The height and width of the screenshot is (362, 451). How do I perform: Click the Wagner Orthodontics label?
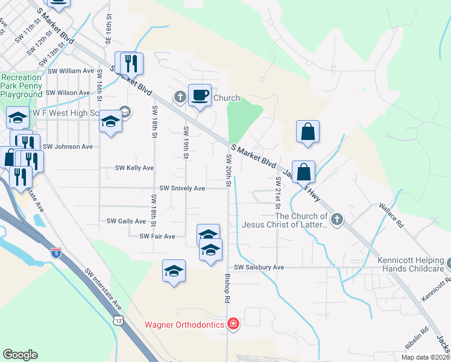tap(184, 325)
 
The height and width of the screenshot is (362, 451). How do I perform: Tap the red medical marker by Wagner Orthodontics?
tap(233, 325)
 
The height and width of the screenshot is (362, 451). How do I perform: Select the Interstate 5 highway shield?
tap(56, 252)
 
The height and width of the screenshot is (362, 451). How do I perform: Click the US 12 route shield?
tap(117, 319)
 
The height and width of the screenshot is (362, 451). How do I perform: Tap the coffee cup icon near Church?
tap(200, 95)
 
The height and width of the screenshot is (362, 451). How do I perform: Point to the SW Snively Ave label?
tap(182, 188)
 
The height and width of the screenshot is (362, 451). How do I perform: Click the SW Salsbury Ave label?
tap(259, 267)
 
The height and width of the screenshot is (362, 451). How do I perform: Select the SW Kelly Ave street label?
tap(134, 168)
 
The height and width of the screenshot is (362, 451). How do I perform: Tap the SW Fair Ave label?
tap(157, 237)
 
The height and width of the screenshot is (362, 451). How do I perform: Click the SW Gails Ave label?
tap(126, 221)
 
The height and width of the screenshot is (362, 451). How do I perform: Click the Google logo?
tap(20, 355)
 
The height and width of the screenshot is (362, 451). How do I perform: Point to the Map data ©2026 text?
tap(424, 357)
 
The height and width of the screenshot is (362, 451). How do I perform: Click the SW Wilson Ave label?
tap(68, 93)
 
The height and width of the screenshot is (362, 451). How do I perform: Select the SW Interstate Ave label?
tap(103, 289)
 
